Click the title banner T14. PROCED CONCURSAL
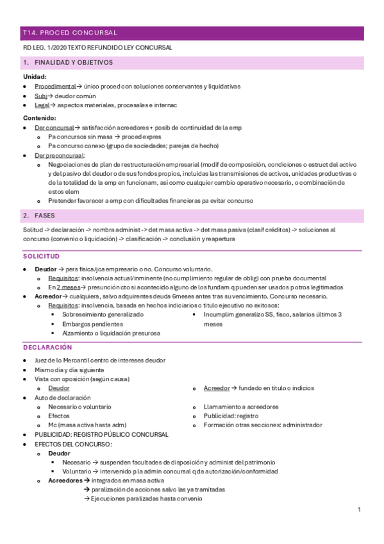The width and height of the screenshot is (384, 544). pos(70,32)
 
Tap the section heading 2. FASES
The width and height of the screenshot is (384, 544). pos(45,216)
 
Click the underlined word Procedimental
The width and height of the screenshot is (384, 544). pos(55,86)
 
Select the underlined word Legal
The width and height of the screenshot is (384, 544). pos(41,105)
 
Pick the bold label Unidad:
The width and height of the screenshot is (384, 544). pos(35,76)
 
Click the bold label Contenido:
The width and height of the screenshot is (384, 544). pos(39,118)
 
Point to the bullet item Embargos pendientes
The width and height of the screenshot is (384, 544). pos(94,324)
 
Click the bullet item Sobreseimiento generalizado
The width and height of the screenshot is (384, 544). pos(103,315)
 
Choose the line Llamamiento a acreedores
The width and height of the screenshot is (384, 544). pos(240,407)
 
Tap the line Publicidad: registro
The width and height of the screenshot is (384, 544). pos(231,416)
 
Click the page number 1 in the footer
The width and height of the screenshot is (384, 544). pos(360,509)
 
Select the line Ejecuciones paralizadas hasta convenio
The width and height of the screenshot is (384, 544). pos(145,498)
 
